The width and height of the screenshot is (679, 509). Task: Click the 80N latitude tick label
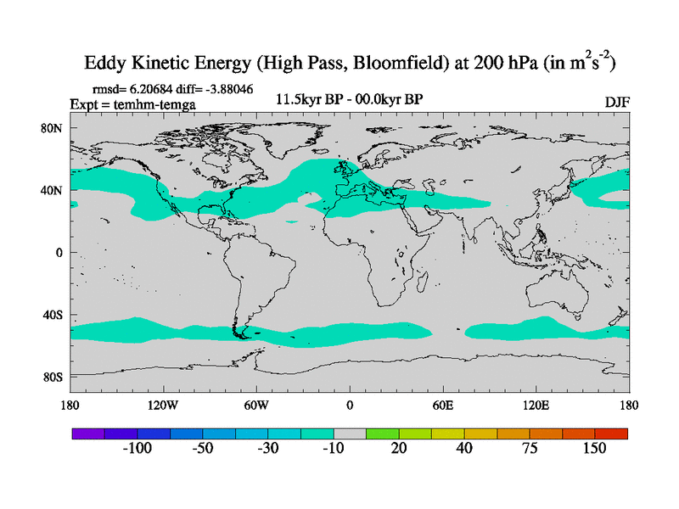(x=54, y=128)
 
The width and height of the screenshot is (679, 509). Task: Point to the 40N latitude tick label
(x=54, y=190)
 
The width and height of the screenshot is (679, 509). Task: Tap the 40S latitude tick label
(x=54, y=315)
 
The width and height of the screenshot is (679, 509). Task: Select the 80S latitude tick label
(x=54, y=377)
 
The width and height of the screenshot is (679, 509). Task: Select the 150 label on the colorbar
(x=594, y=449)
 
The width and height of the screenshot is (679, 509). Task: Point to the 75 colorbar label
(x=530, y=449)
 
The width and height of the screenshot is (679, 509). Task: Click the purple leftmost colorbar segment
(x=87, y=433)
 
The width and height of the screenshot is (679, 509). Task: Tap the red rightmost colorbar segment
(x=611, y=433)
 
